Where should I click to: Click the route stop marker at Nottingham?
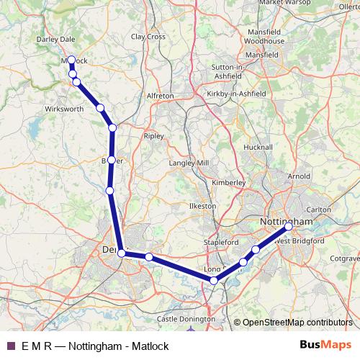(289, 226)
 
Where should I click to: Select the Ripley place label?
(154, 135)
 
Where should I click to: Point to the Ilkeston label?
(202, 206)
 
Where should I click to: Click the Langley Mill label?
(188, 164)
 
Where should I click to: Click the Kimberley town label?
(229, 183)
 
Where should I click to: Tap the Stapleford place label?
(220, 243)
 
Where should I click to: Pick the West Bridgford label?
(292, 241)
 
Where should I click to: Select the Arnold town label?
(299, 176)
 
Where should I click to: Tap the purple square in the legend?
(10, 345)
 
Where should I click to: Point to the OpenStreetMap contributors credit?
(294, 322)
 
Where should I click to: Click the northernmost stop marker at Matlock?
(72, 60)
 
